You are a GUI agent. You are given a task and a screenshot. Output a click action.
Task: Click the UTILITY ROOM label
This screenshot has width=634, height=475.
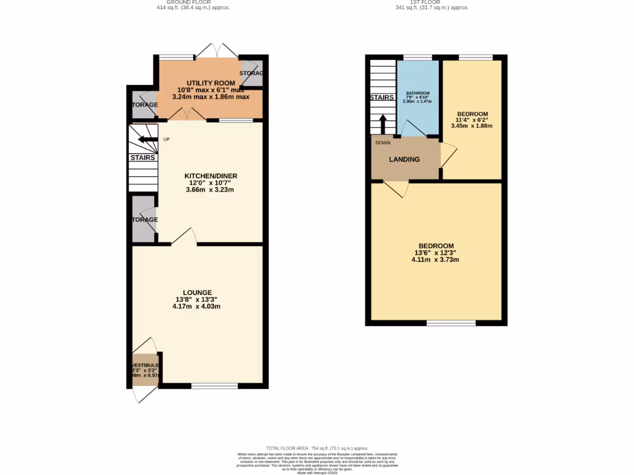(x=211, y=83)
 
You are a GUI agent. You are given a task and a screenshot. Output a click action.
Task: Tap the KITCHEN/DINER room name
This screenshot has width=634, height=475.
(x=211, y=176)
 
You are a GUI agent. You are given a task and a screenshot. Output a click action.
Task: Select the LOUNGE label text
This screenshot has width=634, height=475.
(x=197, y=293)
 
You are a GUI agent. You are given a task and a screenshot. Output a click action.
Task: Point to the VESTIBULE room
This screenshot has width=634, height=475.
(x=145, y=369)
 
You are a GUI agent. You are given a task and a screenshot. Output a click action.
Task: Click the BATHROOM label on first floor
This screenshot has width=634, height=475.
(x=418, y=93)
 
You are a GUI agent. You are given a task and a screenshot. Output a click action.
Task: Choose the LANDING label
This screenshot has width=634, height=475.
(x=404, y=160)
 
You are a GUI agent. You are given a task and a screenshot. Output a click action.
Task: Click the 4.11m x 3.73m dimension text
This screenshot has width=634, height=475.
(x=435, y=260)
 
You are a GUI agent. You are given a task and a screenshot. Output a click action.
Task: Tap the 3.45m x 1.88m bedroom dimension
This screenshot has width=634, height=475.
(x=472, y=126)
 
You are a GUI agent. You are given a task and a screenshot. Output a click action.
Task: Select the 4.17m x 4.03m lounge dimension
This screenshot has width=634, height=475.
(x=197, y=306)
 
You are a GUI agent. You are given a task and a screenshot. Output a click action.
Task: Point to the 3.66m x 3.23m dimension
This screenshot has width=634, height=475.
(x=211, y=190)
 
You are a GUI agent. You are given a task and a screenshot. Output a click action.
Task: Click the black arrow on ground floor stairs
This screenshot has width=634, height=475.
(x=147, y=140)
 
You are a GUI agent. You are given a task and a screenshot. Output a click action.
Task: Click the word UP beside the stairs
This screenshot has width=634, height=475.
(x=166, y=139)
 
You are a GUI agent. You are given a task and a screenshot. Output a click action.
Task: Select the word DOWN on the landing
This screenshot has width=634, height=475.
(x=383, y=142)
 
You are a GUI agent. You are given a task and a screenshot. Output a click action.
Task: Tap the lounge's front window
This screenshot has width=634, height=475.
(x=214, y=386)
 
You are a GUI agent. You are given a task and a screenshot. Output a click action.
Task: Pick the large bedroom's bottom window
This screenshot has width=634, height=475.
(x=451, y=323)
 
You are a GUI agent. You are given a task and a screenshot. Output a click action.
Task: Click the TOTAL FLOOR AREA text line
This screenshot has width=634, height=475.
(x=317, y=448)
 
